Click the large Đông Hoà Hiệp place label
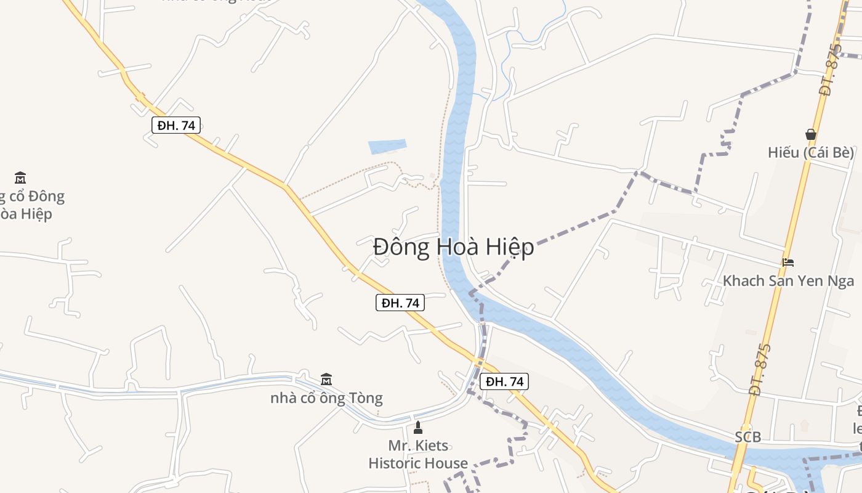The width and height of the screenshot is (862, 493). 453,247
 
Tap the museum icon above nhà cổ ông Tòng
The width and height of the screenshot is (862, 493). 326,379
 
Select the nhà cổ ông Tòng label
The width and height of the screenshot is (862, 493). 326,398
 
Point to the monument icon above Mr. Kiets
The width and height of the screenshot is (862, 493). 418,427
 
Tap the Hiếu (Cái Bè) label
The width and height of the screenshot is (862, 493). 811,152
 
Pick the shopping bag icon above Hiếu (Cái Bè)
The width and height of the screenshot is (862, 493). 811,134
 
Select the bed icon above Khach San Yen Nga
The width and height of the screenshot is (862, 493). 788,263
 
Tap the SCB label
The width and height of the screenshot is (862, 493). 747,438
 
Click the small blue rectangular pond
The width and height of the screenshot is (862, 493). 387,147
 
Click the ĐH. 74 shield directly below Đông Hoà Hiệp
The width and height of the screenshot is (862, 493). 400,303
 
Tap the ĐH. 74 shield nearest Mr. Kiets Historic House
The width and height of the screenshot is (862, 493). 504,381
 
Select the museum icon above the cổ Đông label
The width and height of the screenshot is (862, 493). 20,178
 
